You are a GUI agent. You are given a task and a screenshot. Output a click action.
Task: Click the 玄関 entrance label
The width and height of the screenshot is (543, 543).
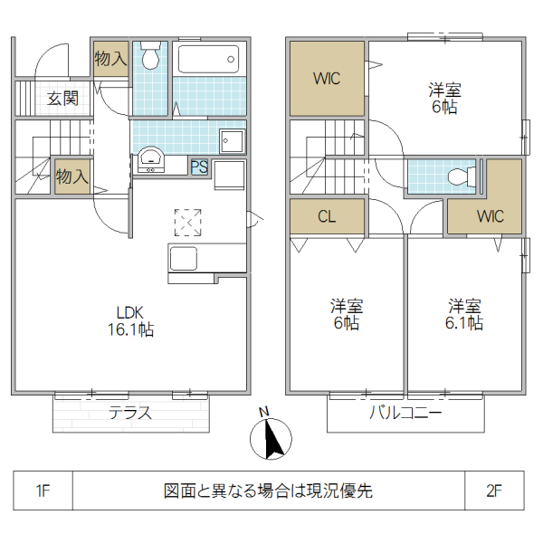click(62, 99)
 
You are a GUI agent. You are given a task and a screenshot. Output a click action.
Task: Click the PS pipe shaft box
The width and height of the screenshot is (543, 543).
click(199, 166)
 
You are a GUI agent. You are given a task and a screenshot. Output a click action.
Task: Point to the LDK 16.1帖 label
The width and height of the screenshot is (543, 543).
click(133, 320)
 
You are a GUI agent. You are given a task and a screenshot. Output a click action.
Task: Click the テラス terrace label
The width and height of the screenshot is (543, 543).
click(129, 414)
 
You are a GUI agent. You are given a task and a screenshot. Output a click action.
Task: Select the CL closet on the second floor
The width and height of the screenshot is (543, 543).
click(327, 216)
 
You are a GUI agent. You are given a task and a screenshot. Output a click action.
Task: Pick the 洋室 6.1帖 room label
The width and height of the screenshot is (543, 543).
click(462, 313)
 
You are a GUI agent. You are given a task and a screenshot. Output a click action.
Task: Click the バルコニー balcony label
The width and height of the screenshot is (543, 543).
click(405, 414)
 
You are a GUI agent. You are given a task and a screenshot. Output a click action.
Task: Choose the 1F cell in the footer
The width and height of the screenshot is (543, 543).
click(43, 491)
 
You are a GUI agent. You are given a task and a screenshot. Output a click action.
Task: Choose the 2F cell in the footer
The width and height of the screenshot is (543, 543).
click(493, 491)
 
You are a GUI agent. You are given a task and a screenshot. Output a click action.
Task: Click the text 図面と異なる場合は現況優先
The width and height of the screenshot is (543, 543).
click(268, 491)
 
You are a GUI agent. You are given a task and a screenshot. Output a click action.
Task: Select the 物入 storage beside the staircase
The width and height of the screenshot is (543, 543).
click(71, 176)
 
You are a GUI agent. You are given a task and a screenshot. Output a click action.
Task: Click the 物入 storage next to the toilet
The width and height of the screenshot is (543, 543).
click(110, 59)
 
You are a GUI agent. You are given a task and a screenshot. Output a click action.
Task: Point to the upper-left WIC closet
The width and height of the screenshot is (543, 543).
click(327, 78)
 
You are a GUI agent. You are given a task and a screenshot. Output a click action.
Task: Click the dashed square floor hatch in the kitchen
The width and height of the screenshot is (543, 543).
click(188, 222)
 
